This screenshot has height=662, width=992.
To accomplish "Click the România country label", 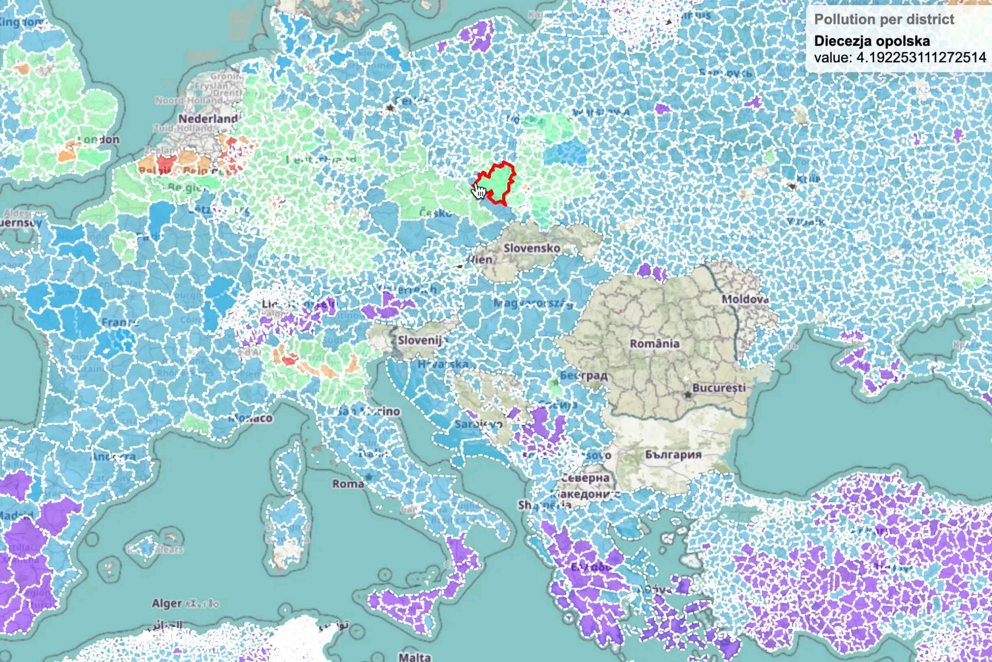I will tap(654, 344).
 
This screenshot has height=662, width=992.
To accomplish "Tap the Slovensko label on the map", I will tap(531, 248).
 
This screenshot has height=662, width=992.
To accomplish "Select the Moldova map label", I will tap(745, 299).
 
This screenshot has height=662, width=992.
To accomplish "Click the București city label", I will tap(719, 388).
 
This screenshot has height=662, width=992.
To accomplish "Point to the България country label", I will tap(673, 455).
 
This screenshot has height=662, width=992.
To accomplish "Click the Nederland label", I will tap(208, 119).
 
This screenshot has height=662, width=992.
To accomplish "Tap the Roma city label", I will tap(348, 483).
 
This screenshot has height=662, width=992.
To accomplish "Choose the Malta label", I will tap(415, 657).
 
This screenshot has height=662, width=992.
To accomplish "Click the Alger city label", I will tap(167, 603).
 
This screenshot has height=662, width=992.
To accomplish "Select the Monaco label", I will tap(251, 418).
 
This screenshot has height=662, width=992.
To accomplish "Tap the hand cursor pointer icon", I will tap(479, 191).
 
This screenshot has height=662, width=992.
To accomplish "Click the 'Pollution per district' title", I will tap(884, 20).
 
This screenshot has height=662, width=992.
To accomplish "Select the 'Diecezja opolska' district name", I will tap(872, 41).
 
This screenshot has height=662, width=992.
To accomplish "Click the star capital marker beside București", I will tap(688, 395).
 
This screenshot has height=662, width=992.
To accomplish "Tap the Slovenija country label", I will tap(420, 340).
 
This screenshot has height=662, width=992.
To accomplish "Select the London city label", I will tap(100, 140).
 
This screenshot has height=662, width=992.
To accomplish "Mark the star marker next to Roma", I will tap(369, 477).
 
